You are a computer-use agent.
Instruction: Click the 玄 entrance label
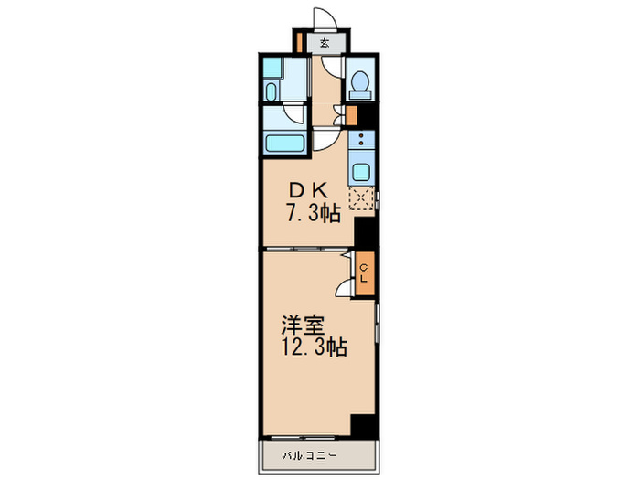click(x=325, y=42)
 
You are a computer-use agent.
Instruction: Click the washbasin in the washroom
click(x=272, y=91)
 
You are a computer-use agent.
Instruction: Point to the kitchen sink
click(x=360, y=170)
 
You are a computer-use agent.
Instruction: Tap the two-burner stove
click(x=361, y=141)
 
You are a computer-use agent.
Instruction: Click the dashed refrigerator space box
click(x=362, y=199)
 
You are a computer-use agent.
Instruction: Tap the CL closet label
click(x=364, y=272)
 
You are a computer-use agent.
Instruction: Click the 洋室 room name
click(x=299, y=325)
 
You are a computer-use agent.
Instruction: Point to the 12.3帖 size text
click(x=314, y=347)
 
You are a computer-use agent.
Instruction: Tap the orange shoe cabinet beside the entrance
click(x=299, y=42)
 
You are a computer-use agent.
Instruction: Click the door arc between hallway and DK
click(x=325, y=140)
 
